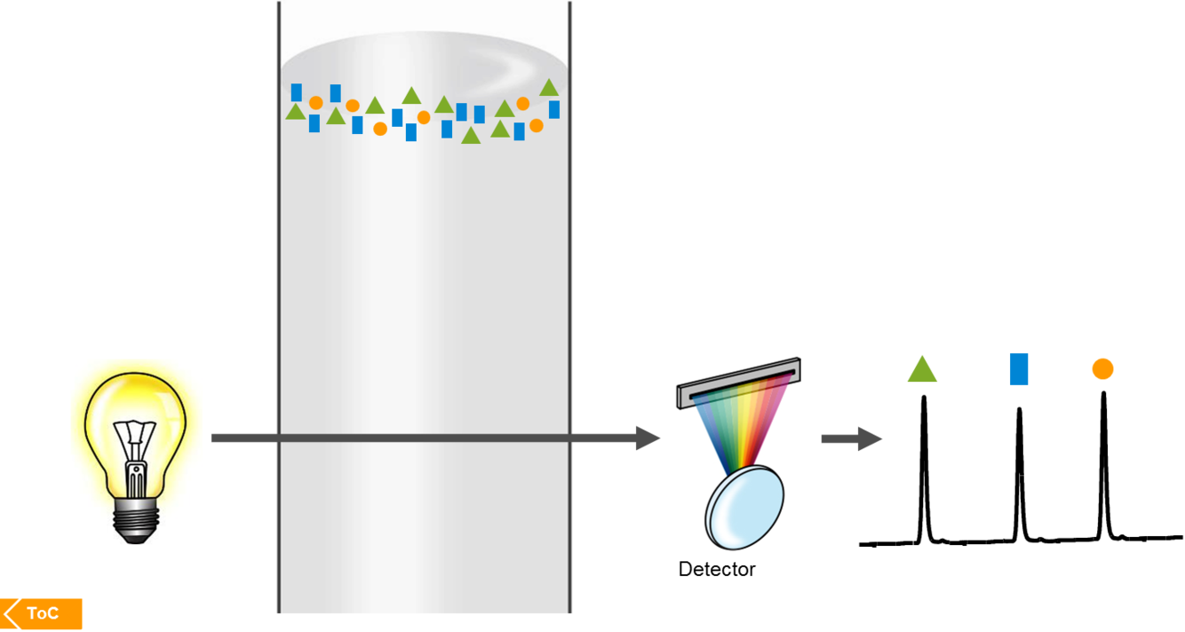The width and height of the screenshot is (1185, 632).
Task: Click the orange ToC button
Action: (42, 614)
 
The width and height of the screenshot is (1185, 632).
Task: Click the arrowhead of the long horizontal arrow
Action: (648, 438)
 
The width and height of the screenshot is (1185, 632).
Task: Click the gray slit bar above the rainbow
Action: (736, 382)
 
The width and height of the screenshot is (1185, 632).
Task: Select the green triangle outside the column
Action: (922, 369)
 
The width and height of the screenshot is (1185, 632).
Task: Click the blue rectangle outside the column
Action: (1018, 369)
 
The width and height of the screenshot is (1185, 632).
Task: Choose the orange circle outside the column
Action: (1102, 368)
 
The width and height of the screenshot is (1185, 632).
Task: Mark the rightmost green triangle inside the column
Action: (548, 88)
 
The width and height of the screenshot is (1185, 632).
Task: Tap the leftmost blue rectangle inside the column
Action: (297, 92)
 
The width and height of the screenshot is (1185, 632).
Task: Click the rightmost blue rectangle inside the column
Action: (554, 109)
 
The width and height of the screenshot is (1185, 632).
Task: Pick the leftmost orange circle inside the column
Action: (315, 103)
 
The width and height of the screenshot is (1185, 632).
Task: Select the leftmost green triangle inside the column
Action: (296, 112)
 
